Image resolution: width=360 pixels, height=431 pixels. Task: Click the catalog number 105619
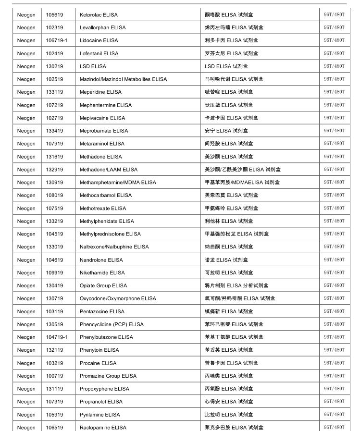tap(54, 15)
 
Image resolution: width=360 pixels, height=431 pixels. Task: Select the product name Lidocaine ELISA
tap(99, 40)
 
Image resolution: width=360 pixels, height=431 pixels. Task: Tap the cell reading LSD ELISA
tap(93, 66)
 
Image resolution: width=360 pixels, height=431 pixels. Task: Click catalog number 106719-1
tap(57, 40)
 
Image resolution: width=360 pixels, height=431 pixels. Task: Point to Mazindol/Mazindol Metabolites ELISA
tap(123, 79)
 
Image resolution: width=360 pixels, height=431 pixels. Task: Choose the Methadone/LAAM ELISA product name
tap(108, 170)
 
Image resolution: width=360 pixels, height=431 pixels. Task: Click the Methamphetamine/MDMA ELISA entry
tap(118, 183)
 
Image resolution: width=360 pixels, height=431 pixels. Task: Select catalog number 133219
tap(54, 221)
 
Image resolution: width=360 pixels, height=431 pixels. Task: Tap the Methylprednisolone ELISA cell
tap(110, 234)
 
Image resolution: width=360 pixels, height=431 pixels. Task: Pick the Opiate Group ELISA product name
tap(103, 285)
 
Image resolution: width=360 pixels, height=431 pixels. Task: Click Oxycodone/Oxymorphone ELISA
tap(118, 298)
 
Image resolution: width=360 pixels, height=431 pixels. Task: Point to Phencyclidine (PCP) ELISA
tap(112, 324)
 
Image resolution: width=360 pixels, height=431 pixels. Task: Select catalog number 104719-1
tap(57, 337)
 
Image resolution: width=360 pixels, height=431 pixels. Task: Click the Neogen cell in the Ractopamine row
tap(26, 428)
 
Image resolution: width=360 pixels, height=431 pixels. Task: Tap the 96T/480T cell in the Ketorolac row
tap(334, 15)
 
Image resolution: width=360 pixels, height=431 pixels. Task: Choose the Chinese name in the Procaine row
tap(231, 363)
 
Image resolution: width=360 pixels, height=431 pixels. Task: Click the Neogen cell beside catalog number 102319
tap(26, 28)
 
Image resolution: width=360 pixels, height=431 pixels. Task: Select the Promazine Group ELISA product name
tap(108, 376)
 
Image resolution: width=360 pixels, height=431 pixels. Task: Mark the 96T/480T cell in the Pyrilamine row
tap(334, 415)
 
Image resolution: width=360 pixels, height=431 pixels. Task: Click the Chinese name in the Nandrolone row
tap(226, 260)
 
